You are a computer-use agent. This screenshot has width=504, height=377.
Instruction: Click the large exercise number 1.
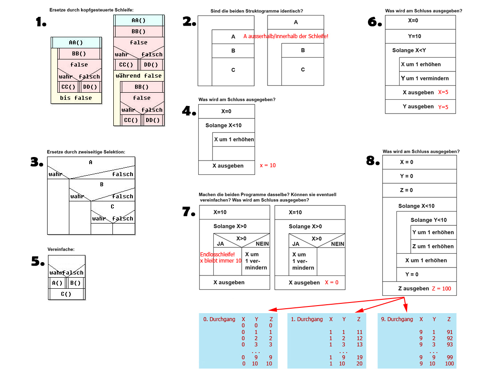coord(41,22)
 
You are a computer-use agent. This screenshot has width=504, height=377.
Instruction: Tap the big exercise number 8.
coord(372,161)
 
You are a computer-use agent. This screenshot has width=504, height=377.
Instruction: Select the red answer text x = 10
coord(268,165)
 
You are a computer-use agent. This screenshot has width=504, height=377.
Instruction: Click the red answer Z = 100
coord(441,289)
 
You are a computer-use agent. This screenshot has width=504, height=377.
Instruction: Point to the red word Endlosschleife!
coord(217,254)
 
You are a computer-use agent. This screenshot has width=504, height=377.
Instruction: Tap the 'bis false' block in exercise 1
coord(76,98)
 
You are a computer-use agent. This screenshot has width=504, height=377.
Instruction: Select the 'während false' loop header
coord(139,76)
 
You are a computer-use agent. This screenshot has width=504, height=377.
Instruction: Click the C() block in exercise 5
coord(66,294)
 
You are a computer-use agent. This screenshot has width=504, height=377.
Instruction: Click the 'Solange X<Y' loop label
coord(409,51)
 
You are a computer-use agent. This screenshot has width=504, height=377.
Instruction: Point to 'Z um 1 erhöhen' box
coord(433,246)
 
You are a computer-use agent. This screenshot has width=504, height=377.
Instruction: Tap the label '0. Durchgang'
coord(219,319)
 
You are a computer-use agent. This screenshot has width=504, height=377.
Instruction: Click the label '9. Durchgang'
coord(397,319)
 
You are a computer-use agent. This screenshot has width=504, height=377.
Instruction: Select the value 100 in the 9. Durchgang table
coord(449,364)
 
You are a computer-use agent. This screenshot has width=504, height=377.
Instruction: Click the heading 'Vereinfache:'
coord(61,249)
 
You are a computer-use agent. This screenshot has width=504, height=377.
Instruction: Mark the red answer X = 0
coord(332,283)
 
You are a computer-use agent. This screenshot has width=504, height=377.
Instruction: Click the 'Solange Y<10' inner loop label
coord(428,220)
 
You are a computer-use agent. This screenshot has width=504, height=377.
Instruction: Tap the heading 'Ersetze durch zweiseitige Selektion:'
coord(86,152)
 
